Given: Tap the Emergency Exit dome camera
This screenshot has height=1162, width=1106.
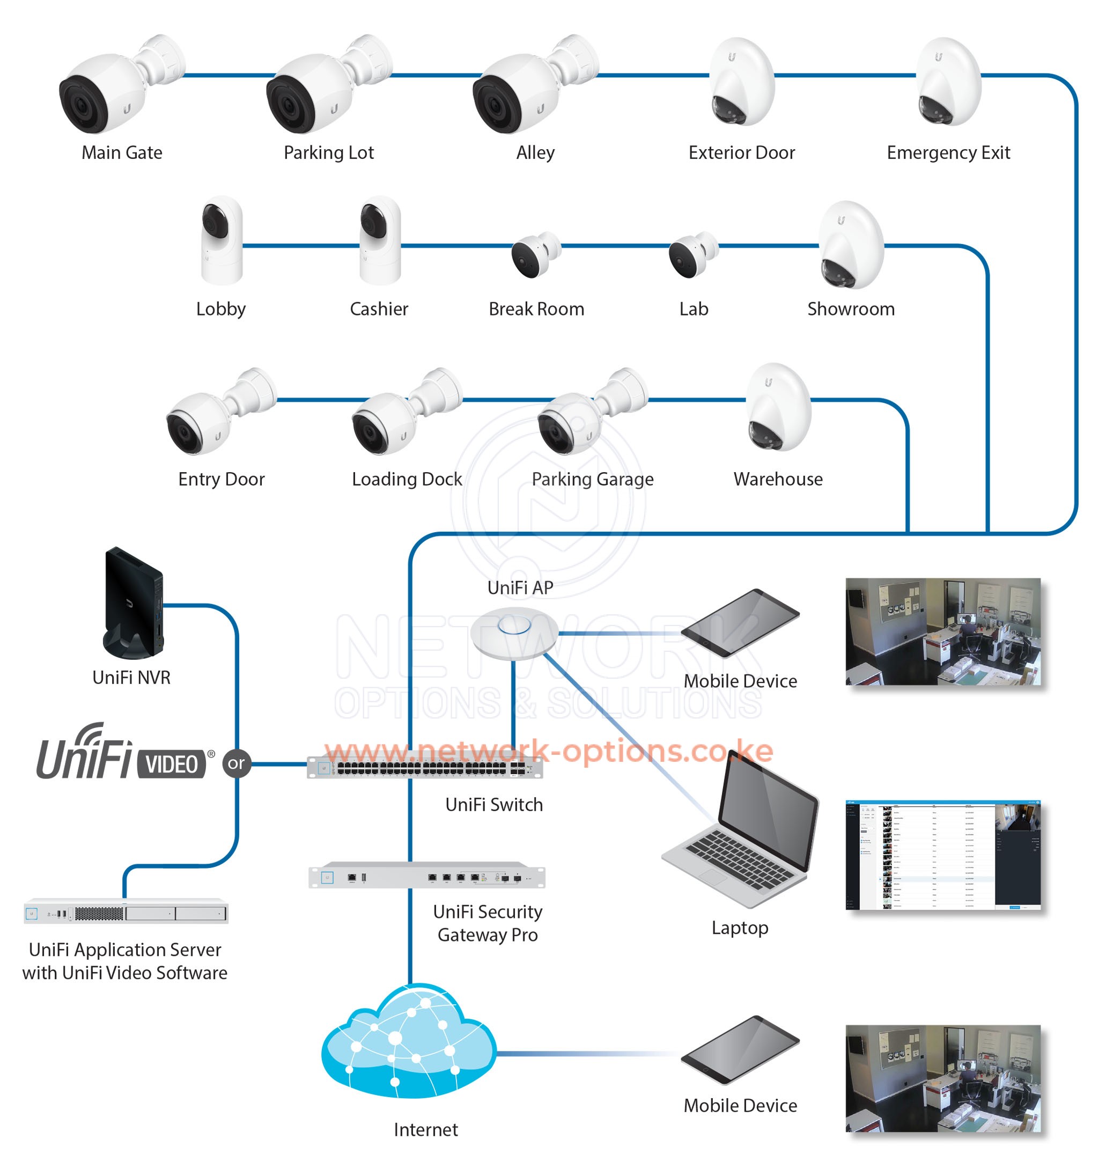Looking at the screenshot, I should pos(948,83).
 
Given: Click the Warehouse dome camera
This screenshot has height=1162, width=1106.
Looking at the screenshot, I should pos(778,407).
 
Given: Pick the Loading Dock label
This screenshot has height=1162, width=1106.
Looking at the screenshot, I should pos(407,479).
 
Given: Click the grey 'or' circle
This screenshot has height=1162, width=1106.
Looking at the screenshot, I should pos(237,764).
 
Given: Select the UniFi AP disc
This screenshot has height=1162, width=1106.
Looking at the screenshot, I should pos(513,633).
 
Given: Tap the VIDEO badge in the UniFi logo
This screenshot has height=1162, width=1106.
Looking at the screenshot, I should pos(172,764).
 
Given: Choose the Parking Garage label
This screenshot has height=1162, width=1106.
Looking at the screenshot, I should pos(593,479).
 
